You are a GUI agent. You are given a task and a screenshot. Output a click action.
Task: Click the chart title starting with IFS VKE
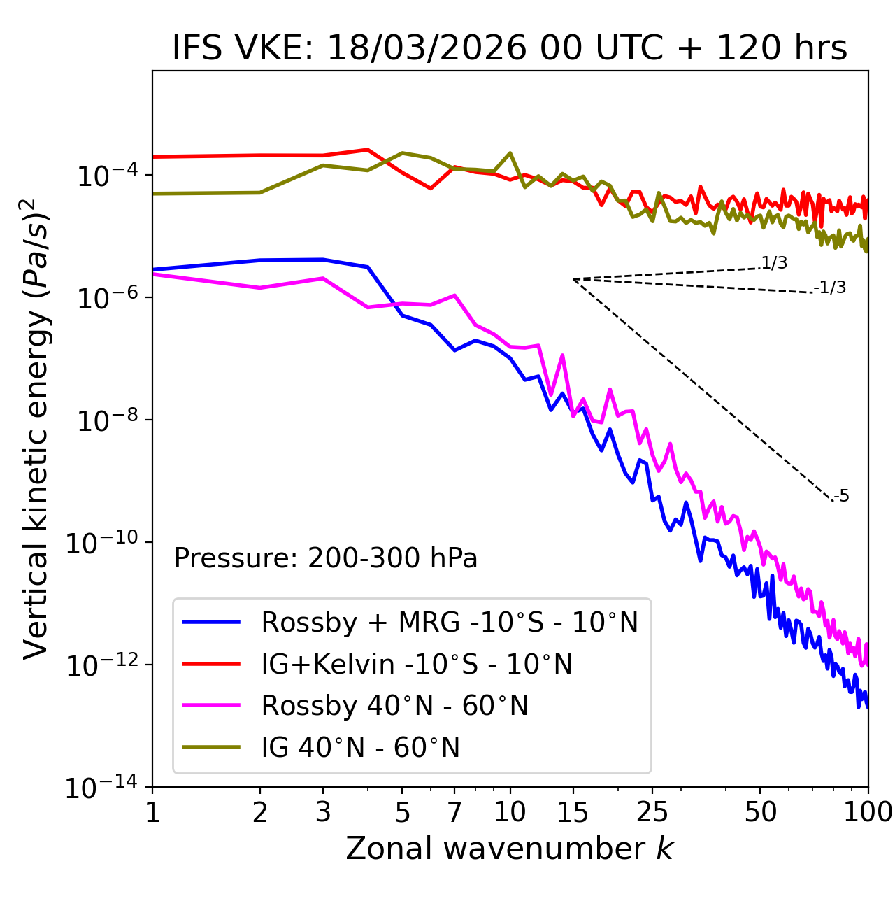tap(510, 48)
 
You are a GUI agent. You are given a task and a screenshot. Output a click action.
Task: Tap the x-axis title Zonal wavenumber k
tap(510, 849)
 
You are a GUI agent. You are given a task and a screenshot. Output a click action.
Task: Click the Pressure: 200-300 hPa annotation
tap(326, 558)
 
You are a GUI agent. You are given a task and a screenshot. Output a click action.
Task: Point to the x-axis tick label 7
tap(454, 812)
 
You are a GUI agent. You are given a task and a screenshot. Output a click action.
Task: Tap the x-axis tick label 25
tap(652, 812)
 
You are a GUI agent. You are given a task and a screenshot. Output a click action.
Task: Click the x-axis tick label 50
tap(761, 812)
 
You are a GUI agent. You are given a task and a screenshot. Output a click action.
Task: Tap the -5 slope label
tap(841, 497)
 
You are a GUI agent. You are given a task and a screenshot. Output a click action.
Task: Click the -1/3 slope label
tap(830, 288)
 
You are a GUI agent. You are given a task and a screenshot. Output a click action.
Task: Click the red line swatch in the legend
tap(211, 664)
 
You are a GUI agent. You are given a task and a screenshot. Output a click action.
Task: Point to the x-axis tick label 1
tap(152, 812)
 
